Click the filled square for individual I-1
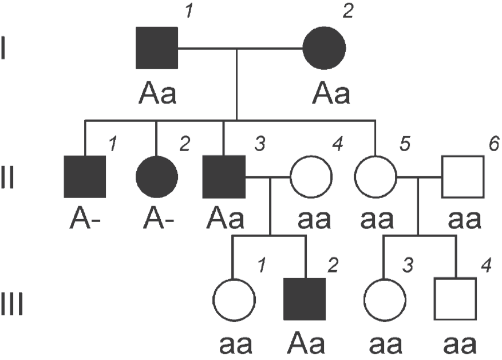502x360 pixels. pyautogui.click(x=157, y=48)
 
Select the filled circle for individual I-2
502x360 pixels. pyautogui.click(x=325, y=48)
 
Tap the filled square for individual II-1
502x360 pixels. pyautogui.click(x=85, y=177)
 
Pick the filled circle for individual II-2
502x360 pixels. pyautogui.click(x=157, y=177)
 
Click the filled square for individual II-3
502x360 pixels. pyautogui.click(x=224, y=177)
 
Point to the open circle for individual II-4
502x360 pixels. pyautogui.click(x=311, y=177)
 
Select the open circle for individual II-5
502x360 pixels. pyautogui.click(x=375, y=177)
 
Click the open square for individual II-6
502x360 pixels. pyautogui.click(x=463, y=177)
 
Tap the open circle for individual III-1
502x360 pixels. pyautogui.click(x=234, y=300)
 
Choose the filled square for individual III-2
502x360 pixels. pyautogui.click(x=305, y=299)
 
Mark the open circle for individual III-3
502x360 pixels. pyautogui.click(x=385, y=300)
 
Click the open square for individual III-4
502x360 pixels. pyautogui.click(x=455, y=299)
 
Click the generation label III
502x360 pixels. pyautogui.click(x=12, y=304)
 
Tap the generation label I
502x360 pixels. pyautogui.click(x=3, y=48)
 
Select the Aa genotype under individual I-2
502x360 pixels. pyautogui.click(x=331, y=93)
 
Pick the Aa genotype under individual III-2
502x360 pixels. pyautogui.click(x=306, y=342)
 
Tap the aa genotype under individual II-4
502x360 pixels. pyautogui.click(x=314, y=220)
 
